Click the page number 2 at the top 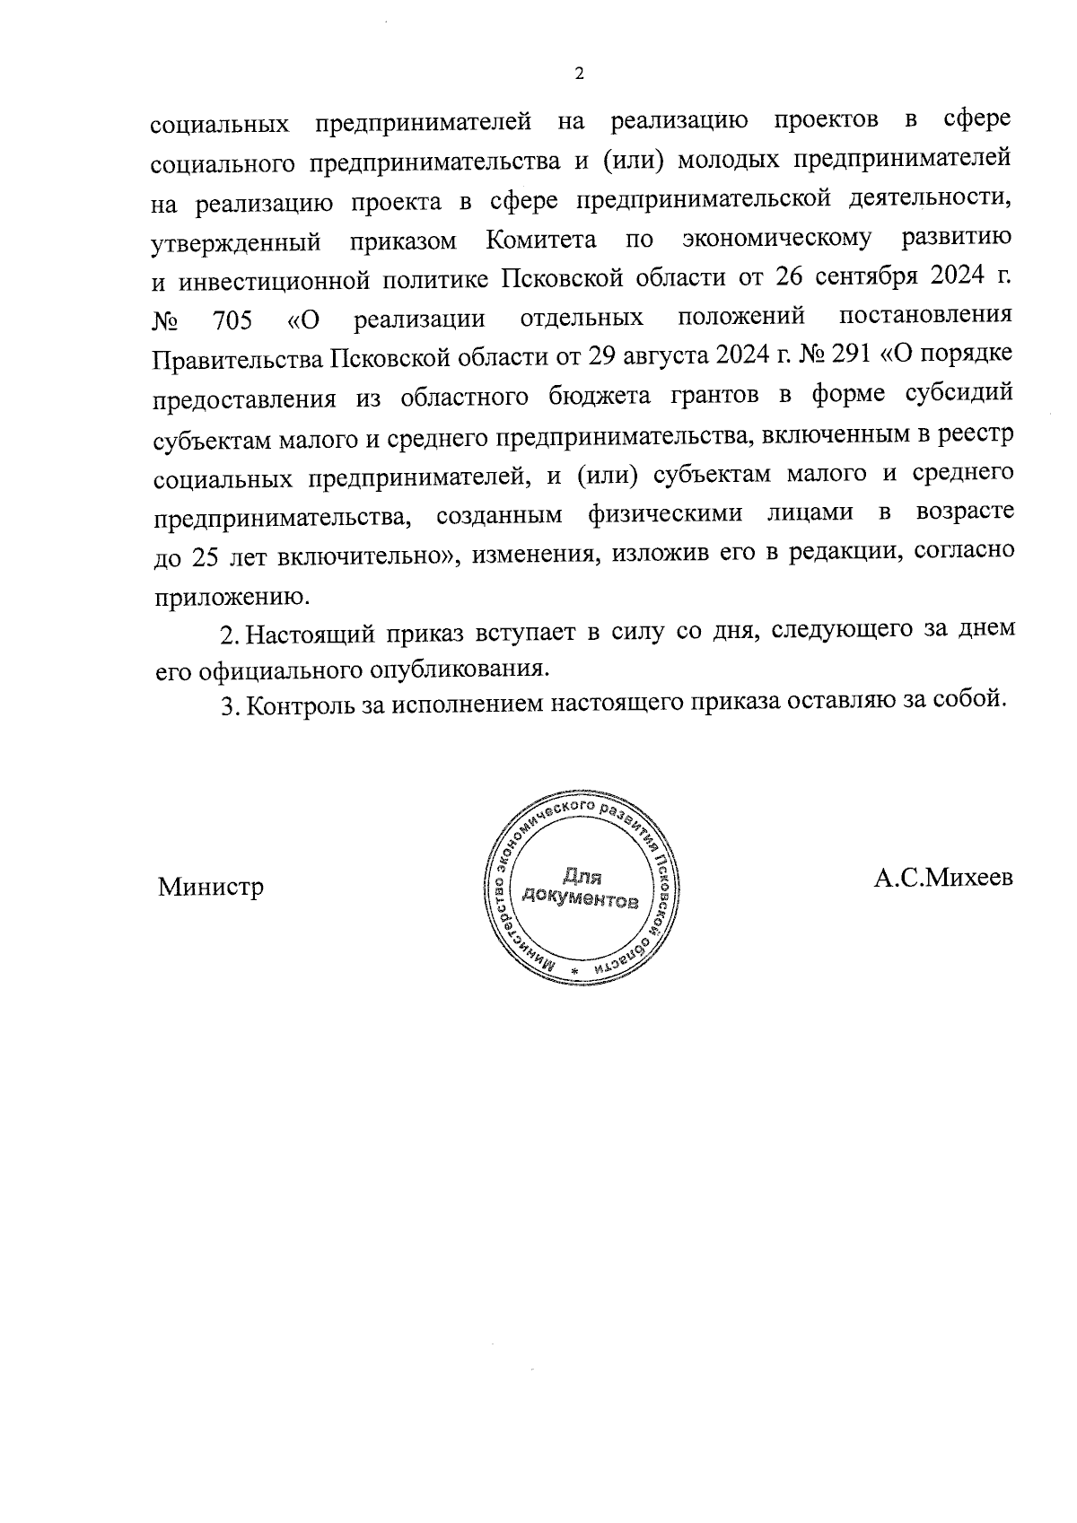(x=579, y=74)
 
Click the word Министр (x=211, y=888)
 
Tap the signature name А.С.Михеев (x=943, y=878)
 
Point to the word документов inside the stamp (x=581, y=898)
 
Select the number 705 (x=233, y=319)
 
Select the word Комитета (x=541, y=241)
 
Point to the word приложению (x=232, y=595)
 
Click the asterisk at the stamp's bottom (x=575, y=972)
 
